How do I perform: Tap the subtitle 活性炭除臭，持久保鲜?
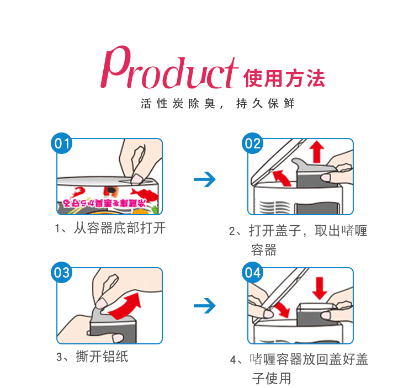coord(217,104)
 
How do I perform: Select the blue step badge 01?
coord(61,145)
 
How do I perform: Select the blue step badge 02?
coord(253,145)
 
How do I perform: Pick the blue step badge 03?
coord(61,273)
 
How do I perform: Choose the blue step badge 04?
coord(253,273)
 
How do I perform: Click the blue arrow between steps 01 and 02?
coord(205,179)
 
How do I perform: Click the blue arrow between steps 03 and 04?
coord(205,305)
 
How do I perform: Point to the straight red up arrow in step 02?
coord(316,151)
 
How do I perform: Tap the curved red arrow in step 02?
coord(283,178)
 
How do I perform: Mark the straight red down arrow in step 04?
coord(319,286)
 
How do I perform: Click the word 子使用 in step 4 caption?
coord(271,378)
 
